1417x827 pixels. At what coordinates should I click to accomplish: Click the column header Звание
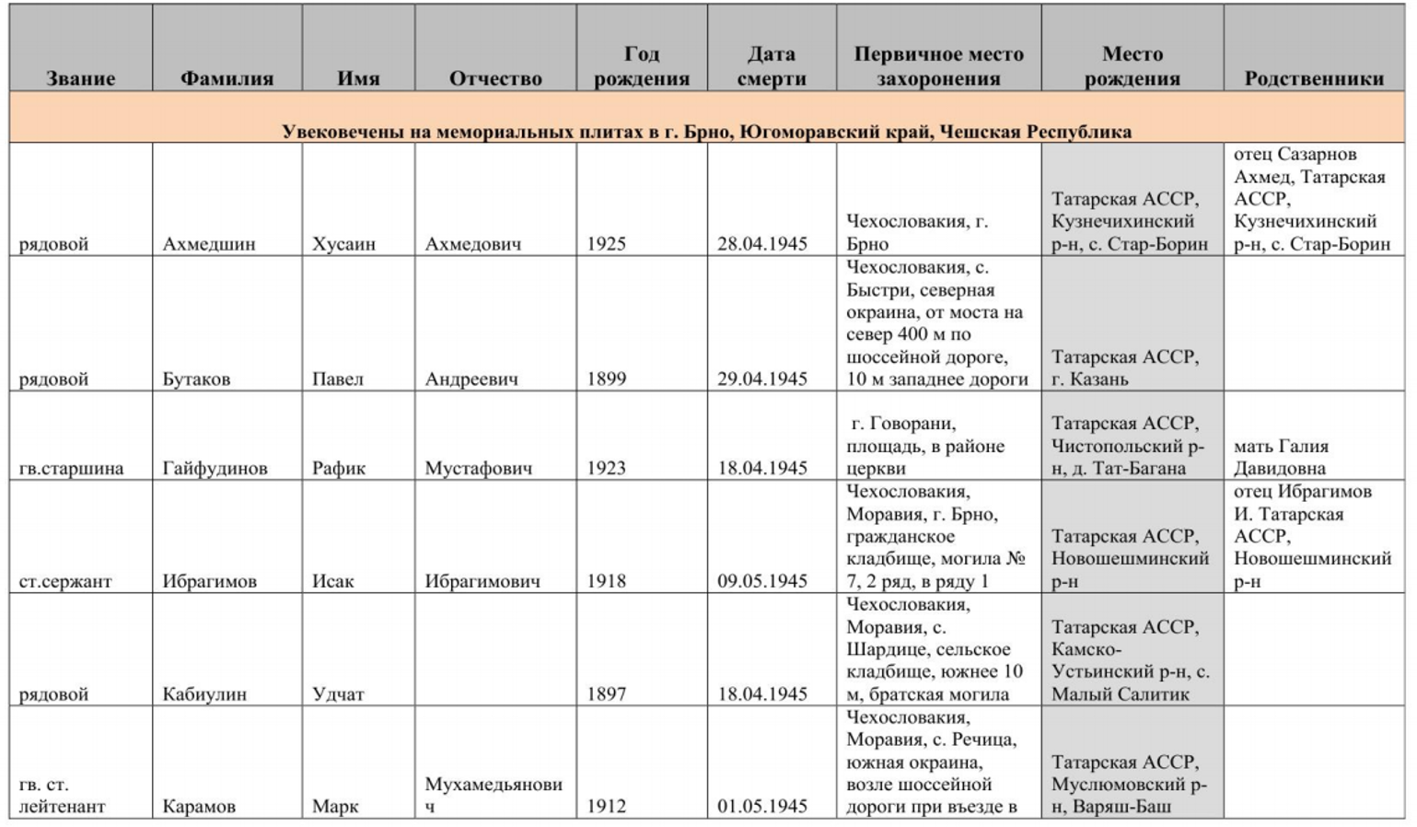click(80, 78)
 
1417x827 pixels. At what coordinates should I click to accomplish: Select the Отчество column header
click(495, 78)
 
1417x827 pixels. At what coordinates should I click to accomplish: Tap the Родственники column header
click(1314, 78)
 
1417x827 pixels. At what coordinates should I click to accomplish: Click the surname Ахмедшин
click(209, 244)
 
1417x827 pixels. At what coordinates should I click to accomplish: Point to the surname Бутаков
click(196, 379)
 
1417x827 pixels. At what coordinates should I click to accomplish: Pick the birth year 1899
click(606, 379)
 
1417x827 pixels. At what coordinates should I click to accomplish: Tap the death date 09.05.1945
click(762, 581)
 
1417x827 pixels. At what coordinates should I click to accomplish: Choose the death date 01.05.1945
click(762, 806)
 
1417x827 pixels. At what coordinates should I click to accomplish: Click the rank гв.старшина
click(71, 468)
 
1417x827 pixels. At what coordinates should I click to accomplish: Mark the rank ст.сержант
click(65, 581)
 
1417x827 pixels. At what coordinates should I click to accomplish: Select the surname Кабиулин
click(204, 693)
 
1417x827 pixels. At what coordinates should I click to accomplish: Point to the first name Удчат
click(338, 693)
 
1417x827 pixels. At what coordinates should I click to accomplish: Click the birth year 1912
click(606, 806)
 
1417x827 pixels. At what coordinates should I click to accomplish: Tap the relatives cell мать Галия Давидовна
click(1281, 457)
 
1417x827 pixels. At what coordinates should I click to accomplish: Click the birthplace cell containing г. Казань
click(1125, 367)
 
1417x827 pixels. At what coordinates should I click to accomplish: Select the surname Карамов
click(198, 806)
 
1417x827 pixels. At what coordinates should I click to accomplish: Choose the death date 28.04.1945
click(762, 244)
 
